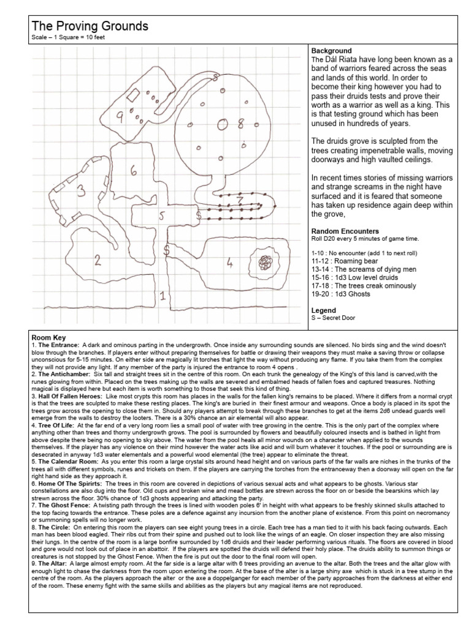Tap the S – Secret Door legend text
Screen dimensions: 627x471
[x=336, y=318]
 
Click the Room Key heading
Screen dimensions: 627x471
[x=52, y=337]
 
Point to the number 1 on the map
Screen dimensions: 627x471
[x=162, y=297]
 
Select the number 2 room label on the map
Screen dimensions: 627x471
[x=97, y=260]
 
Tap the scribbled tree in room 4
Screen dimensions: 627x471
[x=266, y=263]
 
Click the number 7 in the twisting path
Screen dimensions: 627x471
[x=240, y=200]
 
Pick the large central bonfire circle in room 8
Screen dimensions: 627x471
[x=223, y=124]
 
